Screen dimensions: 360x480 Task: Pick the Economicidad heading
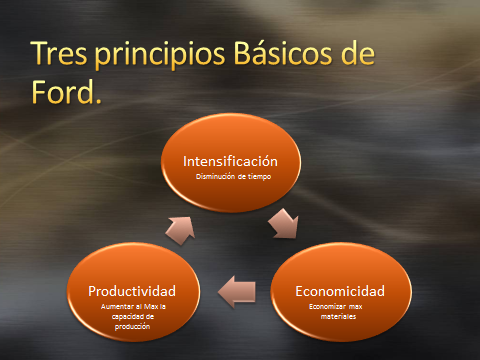pos(339,291)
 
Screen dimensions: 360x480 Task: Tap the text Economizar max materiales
pos(339,312)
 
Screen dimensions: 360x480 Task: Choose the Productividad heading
pos(133,291)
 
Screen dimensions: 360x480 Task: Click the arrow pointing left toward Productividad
pos(236,291)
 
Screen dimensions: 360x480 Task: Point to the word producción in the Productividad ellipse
pos(133,326)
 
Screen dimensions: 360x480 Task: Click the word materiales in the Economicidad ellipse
pos(339,317)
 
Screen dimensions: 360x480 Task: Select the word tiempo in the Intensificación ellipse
pos(261,177)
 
